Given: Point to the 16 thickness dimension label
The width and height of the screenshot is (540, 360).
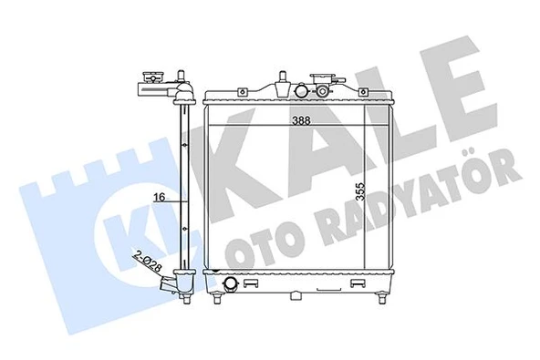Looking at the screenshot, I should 159,197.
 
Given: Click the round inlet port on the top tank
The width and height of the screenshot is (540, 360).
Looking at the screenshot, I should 300,91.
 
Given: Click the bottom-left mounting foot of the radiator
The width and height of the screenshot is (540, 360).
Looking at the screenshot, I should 215,298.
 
